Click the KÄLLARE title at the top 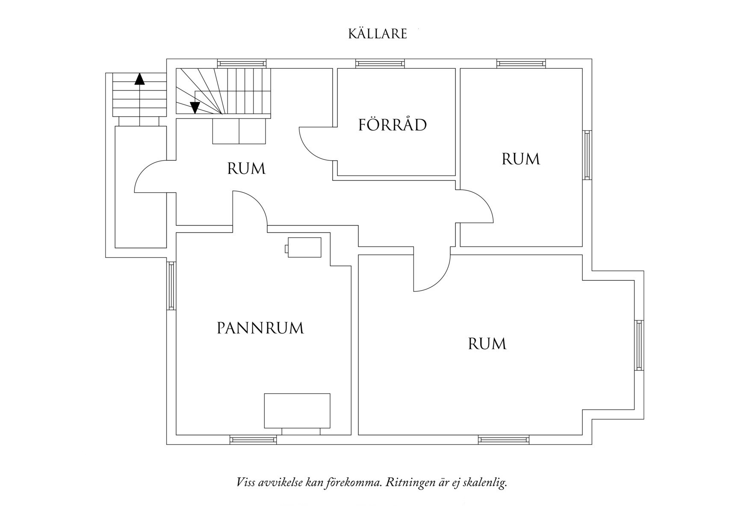coord(378,34)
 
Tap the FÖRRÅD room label coord(393,125)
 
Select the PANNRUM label coord(260,328)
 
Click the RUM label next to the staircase coord(246,169)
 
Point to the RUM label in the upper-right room coord(520,159)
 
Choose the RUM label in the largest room coord(487,344)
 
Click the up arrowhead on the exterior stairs coord(139,79)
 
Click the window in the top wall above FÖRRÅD coord(380,64)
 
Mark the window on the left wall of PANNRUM coord(171,286)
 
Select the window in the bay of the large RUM coord(639,345)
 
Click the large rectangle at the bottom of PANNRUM coord(297,410)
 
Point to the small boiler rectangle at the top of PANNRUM coord(304,247)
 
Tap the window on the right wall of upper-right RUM coord(587,155)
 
